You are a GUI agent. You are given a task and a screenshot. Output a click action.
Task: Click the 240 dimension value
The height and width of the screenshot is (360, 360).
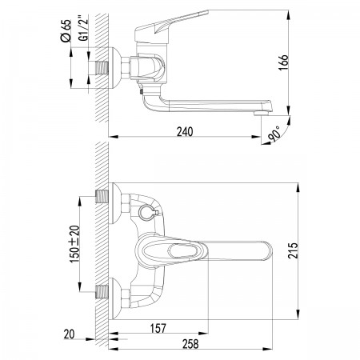pos(185,132)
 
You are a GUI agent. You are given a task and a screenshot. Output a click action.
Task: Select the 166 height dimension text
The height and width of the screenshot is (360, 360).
pos(283,62)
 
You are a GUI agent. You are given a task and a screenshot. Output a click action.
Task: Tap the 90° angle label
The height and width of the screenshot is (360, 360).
pos(274,134)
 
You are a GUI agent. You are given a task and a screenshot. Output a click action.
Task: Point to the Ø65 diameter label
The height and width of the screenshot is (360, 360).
pos(66,30)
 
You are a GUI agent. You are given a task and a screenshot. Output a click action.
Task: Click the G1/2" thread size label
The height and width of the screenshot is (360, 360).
pos(84,29)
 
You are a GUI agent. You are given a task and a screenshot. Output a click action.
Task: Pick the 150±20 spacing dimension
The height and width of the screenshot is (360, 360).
pos(74,244)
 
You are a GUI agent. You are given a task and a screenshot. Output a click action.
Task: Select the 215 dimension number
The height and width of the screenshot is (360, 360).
pos(294,250)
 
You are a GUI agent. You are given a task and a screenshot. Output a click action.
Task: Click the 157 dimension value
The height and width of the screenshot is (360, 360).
pos(158,329)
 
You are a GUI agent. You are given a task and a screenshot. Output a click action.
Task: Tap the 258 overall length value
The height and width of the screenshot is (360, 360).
pos(190,344)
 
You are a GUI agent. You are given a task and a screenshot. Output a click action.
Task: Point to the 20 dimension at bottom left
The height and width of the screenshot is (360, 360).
pos(69,334)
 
